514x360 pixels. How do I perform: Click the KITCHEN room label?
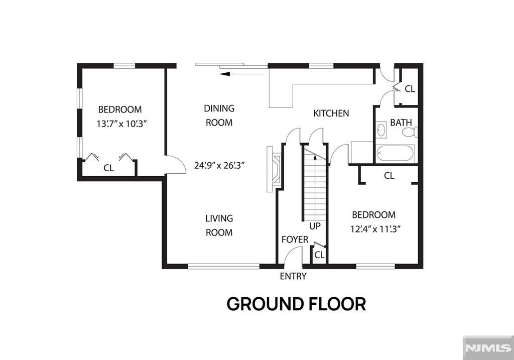point(331,113)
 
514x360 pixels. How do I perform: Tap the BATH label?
point(401,123)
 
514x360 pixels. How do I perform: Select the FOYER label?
point(295,239)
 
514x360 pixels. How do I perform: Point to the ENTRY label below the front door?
point(293,276)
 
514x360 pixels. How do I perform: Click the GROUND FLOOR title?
point(296,304)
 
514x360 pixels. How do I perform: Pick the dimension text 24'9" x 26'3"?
point(219,165)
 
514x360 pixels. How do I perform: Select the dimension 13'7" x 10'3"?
point(121,124)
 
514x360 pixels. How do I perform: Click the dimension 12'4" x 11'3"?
point(375,229)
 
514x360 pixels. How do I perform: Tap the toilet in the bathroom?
point(410,133)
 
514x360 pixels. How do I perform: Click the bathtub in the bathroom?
point(396,153)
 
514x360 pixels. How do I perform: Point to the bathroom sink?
point(381,130)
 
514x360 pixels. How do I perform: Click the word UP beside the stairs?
point(315,226)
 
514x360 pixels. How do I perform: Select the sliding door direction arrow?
point(241,74)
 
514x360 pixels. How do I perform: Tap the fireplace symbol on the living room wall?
point(274,170)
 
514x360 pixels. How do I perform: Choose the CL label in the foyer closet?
point(319,255)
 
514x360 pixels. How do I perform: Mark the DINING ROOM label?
point(219,115)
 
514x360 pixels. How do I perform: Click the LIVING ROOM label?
point(219,225)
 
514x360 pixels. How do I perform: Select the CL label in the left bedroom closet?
point(109,168)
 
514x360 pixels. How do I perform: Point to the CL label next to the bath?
point(410,89)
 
